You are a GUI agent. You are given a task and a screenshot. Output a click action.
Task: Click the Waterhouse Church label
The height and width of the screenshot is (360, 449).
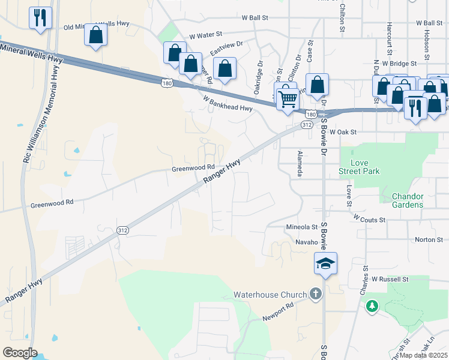coord(270,295)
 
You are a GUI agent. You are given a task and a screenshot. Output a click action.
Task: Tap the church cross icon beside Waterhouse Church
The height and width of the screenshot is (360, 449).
coord(316,294)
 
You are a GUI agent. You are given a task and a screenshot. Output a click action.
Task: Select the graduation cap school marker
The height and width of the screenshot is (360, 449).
coord(325,263)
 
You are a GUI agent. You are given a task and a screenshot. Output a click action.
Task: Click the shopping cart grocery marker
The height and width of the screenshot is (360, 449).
coord(288,97)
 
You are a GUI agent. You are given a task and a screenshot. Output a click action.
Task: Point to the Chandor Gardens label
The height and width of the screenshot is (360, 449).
coord(408,200)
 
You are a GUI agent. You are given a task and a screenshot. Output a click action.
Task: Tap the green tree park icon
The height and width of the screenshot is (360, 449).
coord(372,306)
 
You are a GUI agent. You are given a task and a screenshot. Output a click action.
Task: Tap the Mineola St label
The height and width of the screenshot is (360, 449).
coord(301,227)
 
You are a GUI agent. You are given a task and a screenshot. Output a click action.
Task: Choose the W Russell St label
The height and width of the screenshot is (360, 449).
coord(389,279)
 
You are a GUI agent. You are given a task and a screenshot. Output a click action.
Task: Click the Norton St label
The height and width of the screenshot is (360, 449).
coord(429,239)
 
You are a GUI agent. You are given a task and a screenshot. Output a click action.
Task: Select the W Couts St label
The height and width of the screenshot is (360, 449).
coord(369,219)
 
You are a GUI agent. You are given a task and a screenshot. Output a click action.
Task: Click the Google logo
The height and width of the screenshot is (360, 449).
coord(20,352)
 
